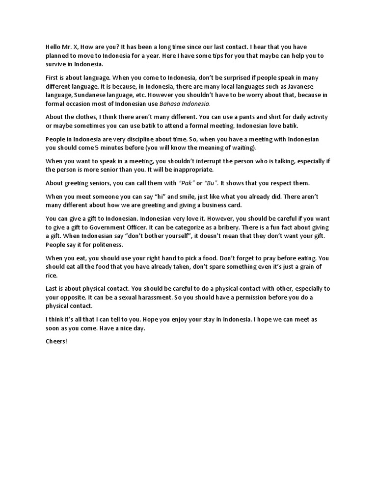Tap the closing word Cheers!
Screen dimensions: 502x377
tap(56, 341)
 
